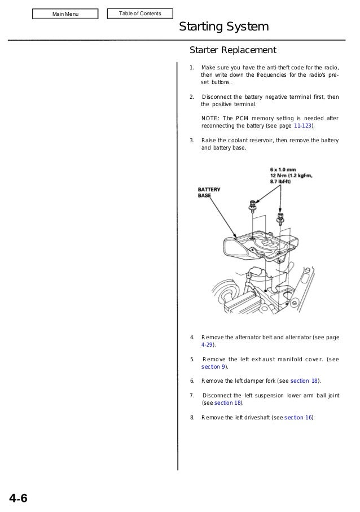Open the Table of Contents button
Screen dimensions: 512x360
[140, 14]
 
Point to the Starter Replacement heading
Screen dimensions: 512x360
[232, 50]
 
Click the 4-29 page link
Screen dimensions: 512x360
[207, 344]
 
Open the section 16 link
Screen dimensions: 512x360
[298, 418]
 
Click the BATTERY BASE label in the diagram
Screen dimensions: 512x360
[209, 192]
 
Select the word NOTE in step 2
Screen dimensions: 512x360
[209, 118]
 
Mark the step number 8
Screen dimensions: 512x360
[192, 418]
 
